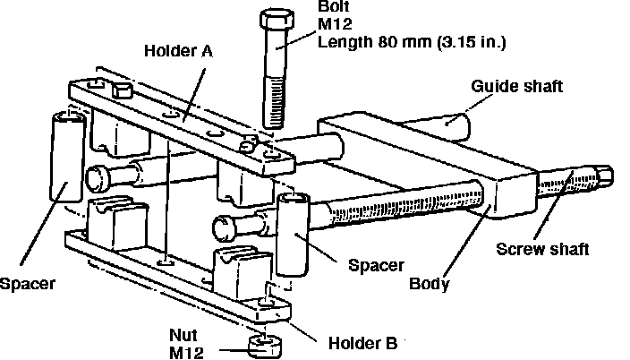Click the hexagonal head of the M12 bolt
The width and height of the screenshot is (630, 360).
277,20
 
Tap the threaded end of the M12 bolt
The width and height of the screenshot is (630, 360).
276,103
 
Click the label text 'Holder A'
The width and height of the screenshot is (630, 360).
178,51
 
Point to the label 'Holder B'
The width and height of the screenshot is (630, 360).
362,344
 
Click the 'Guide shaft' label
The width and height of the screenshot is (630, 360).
516,87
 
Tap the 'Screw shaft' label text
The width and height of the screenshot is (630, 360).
542,249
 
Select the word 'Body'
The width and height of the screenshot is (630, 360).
430,284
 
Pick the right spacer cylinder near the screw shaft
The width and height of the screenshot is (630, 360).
293,235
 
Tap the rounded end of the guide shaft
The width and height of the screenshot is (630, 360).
458,126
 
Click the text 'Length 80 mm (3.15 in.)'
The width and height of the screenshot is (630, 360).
412,41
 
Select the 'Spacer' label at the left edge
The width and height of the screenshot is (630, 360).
28,284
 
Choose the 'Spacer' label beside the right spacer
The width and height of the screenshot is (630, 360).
376,265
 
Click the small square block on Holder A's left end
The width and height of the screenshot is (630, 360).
122,91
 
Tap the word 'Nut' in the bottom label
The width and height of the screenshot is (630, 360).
183,335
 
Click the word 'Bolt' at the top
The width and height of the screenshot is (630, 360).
334,6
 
